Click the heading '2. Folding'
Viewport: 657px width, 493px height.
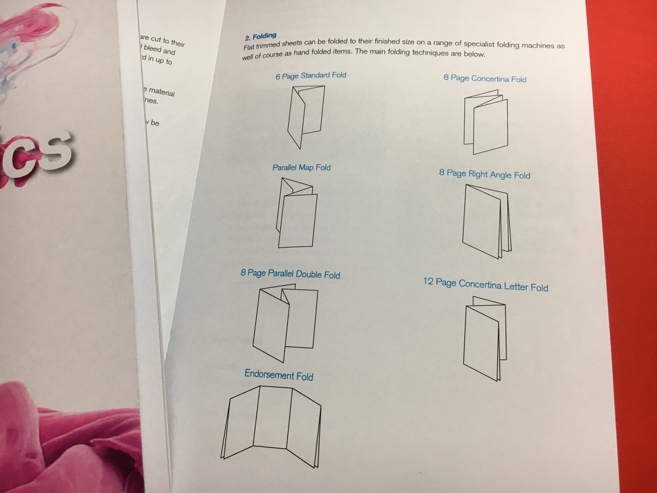tap(261, 37)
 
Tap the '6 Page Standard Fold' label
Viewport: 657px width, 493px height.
tap(310, 76)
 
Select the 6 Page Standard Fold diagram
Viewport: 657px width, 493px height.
tap(306, 116)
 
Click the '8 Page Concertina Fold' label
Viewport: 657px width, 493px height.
tap(485, 78)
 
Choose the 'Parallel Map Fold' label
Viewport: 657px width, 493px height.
tap(302, 167)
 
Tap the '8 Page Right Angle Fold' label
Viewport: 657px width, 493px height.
tap(484, 174)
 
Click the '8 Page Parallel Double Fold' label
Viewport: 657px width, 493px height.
tap(290, 273)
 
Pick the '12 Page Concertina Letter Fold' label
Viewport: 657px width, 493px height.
tap(485, 285)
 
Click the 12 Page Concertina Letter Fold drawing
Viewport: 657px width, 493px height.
tap(485, 338)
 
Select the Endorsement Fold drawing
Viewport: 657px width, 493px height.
tap(272, 425)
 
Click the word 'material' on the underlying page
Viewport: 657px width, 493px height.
tap(161, 93)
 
